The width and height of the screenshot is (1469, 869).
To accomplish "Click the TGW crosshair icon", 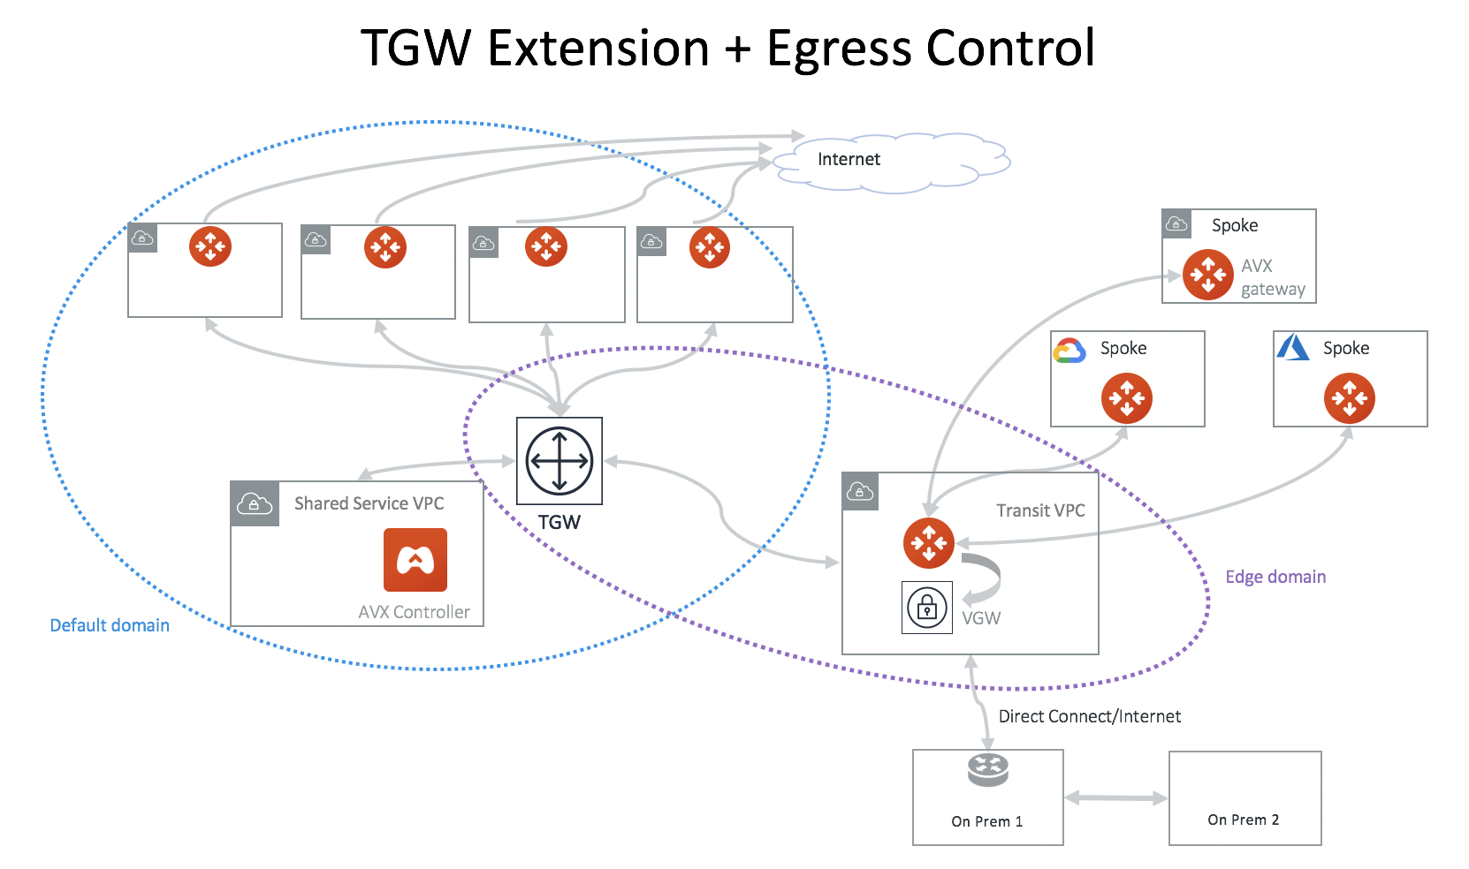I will coord(559,460).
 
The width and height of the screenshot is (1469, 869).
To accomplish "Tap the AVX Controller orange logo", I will coord(415,559).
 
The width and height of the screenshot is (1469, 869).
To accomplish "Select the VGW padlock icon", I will coord(926,607).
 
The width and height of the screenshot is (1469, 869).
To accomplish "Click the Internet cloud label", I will coord(849,159).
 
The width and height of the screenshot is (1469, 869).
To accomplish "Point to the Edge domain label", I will coord(1275,577).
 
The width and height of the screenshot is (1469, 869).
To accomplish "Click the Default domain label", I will coord(110,625).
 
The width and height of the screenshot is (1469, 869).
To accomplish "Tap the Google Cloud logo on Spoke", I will coord(1069,351).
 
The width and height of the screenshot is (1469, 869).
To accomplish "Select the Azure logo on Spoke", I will coord(1292,347).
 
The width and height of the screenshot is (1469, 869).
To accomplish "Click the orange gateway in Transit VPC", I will coord(928,542).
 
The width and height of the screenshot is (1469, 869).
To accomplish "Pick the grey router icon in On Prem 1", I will coord(987,769).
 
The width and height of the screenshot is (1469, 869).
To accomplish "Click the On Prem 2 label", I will coord(1243,820).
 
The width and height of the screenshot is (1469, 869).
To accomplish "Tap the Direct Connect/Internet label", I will coord(1089,716).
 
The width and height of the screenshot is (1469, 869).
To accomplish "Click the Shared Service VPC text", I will coord(369,503).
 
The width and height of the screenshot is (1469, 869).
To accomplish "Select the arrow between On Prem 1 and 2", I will coord(1115,798).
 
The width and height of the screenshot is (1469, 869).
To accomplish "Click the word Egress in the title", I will coord(838,49).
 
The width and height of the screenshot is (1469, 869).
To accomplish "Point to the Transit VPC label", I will coord(1040,510).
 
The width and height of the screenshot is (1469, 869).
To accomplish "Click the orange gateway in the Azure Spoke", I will coord(1349,398).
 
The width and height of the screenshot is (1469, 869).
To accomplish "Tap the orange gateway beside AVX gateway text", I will coord(1207,275).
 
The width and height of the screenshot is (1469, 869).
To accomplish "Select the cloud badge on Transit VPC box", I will coord(860,492).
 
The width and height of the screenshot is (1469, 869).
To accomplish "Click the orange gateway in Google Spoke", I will coord(1126,398).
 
